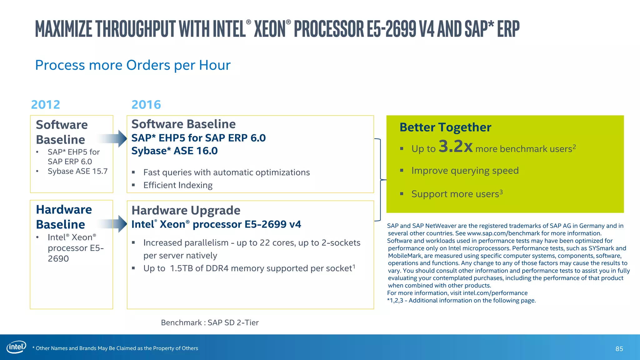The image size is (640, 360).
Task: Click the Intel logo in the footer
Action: pyautogui.click(x=16, y=347)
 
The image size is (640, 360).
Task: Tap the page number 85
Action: pyautogui.click(x=619, y=349)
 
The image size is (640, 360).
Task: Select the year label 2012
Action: pyautogui.click(x=46, y=105)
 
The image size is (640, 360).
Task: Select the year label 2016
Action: pyautogui.click(x=146, y=105)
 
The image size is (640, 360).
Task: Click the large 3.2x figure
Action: pyautogui.click(x=455, y=146)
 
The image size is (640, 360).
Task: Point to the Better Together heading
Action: pyautogui.click(x=445, y=127)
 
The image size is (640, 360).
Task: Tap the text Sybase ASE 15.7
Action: pyautogui.click(x=77, y=171)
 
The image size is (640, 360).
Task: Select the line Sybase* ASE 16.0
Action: pyautogui.click(x=174, y=151)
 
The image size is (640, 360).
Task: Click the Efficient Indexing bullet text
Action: pyautogui.click(x=178, y=185)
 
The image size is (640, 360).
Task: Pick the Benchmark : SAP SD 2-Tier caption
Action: pyautogui.click(x=210, y=322)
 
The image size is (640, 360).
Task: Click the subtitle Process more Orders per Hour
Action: pyautogui.click(x=132, y=65)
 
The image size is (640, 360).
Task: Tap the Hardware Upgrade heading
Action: pyautogui.click(x=186, y=211)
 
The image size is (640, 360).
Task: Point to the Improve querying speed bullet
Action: pyautogui.click(x=465, y=171)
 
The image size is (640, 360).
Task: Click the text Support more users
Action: pyautogui.click(x=455, y=194)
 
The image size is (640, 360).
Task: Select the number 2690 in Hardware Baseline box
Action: pyautogui.click(x=58, y=259)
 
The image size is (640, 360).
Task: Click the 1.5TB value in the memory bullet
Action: pyautogui.click(x=181, y=268)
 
